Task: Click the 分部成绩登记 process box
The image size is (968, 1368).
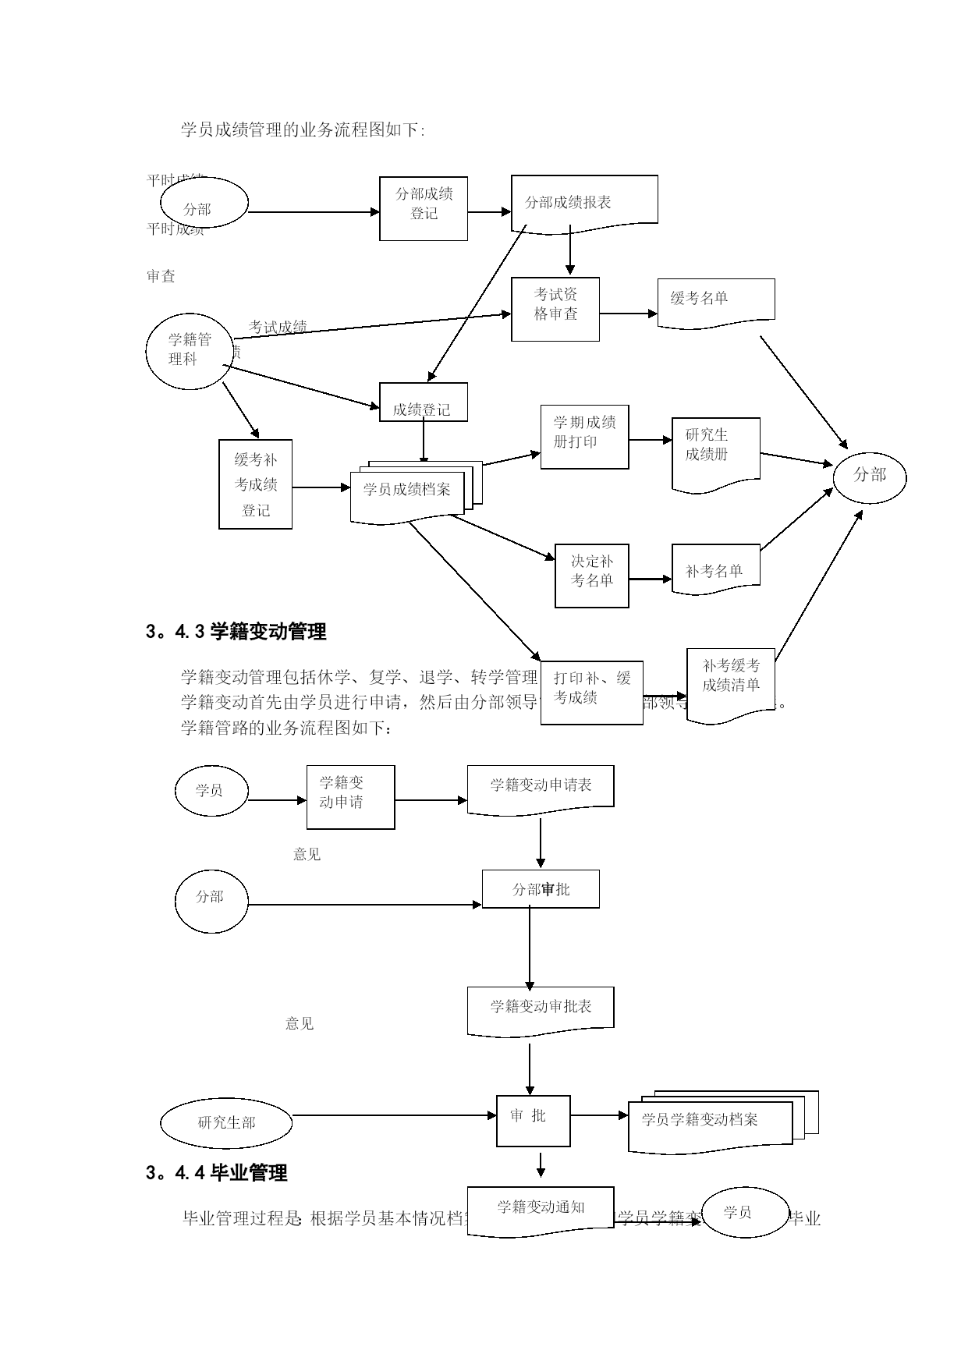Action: (x=424, y=208)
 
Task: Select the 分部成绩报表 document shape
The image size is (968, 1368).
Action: (x=584, y=203)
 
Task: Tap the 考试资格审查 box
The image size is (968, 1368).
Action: (x=555, y=309)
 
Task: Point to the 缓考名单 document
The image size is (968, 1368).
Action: (x=716, y=301)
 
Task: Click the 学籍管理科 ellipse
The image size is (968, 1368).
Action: (x=190, y=351)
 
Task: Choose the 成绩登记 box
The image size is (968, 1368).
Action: (x=424, y=402)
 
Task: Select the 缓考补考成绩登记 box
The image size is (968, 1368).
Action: (x=256, y=484)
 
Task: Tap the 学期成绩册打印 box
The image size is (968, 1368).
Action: (x=585, y=437)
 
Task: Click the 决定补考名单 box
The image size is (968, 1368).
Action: (x=592, y=576)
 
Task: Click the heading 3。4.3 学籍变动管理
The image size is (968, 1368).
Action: (x=236, y=632)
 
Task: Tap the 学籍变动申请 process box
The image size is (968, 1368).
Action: (x=350, y=796)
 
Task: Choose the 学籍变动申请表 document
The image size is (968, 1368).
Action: (x=541, y=788)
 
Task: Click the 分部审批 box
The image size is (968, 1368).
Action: (x=541, y=889)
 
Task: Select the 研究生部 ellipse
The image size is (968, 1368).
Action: (x=226, y=1123)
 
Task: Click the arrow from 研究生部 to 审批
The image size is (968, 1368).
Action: (x=394, y=1115)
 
